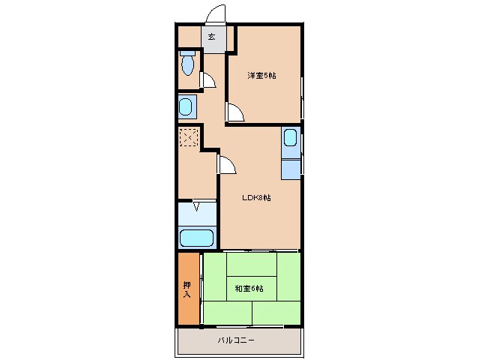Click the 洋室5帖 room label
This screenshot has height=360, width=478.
pyautogui.click(x=262, y=75)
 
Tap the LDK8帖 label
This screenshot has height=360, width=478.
pyautogui.click(x=256, y=198)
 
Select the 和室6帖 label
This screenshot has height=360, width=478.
pyautogui.click(x=248, y=288)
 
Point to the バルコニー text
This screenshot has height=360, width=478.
pyautogui.click(x=237, y=340)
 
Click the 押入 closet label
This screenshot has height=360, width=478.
pyautogui.click(x=187, y=289)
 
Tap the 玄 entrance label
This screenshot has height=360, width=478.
pyautogui.click(x=212, y=37)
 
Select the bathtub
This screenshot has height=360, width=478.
pyautogui.click(x=197, y=238)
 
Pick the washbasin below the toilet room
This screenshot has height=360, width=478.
pyautogui.click(x=187, y=106)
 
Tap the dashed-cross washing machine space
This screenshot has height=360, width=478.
pyautogui.click(x=188, y=138)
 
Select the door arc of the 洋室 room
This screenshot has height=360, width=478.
pyautogui.click(x=235, y=112)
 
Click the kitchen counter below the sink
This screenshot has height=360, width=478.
pyautogui.click(x=290, y=166)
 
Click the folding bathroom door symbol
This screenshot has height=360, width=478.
pyautogui.click(x=196, y=205)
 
